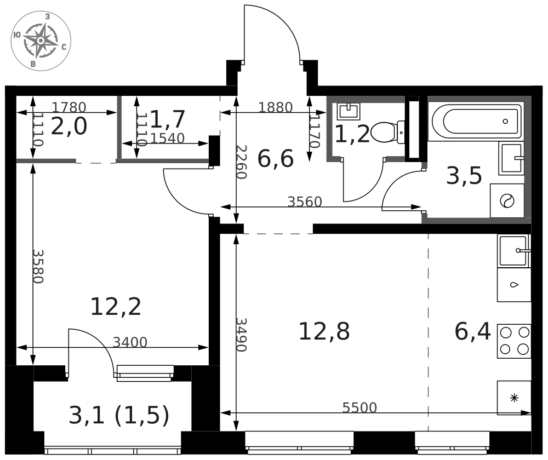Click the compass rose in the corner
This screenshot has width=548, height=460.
tap(41, 41)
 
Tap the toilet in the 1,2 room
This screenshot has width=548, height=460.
tap(387, 132)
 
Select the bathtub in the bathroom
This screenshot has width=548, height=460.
tap(477, 121)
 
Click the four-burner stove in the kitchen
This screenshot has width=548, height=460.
tap(514, 341)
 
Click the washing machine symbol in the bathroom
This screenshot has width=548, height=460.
tap(507, 201)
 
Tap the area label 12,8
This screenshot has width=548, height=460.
tap(324, 331)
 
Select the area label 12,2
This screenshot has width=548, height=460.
tap(116, 307)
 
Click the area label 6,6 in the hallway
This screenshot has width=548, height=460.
tap(275, 159)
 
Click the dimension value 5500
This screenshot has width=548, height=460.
tap(359, 407)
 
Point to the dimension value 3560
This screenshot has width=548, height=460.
tap(304, 202)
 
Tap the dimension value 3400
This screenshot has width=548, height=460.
tap(130, 342)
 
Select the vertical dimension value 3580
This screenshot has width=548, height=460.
tap(38, 266)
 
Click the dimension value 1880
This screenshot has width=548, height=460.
tap(275, 107)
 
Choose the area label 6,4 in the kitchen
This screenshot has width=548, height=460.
tap(472, 331)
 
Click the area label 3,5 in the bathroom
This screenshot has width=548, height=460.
tap(464, 176)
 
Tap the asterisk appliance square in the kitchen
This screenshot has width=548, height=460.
tap(514, 398)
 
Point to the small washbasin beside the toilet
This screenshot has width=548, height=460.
tap(349, 111)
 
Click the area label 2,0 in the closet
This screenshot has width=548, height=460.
tap(69, 127)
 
